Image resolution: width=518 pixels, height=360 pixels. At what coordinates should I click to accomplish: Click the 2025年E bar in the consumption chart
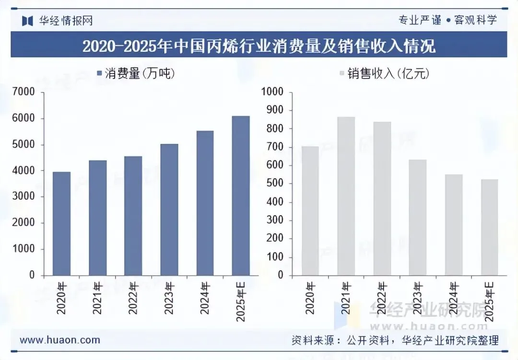(x=241, y=196)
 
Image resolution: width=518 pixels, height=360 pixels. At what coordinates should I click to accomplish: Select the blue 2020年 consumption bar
(x=62, y=223)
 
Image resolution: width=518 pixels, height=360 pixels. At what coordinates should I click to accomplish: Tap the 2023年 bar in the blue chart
(x=169, y=210)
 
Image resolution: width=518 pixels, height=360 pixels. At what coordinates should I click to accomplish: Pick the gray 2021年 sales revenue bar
(x=346, y=196)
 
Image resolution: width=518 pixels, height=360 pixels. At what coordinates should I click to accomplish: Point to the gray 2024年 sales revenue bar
(x=454, y=225)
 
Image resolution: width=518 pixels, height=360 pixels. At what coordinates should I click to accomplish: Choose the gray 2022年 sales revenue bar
(x=382, y=198)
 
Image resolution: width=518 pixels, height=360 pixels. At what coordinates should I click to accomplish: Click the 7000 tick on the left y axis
(x=24, y=92)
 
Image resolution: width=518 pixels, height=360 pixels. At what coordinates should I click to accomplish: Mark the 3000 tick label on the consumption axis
(x=24, y=196)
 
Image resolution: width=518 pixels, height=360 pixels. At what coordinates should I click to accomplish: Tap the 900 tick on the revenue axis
(x=275, y=110)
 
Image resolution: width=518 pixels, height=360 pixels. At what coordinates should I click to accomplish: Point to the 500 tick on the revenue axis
(x=275, y=183)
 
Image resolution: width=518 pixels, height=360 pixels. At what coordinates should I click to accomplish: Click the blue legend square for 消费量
(x=99, y=73)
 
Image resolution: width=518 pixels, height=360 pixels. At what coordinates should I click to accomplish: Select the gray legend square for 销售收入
(x=342, y=73)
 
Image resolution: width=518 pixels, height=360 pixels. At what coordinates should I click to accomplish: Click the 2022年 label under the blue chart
(x=133, y=298)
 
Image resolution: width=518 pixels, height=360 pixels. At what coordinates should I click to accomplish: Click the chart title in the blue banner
(x=259, y=46)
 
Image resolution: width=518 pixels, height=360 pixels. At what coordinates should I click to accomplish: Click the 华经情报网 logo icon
(x=27, y=21)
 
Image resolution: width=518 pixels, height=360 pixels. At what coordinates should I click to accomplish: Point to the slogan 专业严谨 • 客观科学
(x=447, y=20)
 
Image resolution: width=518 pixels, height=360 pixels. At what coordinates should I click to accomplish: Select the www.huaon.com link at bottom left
(x=60, y=340)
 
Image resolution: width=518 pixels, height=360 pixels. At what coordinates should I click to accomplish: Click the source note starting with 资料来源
(x=395, y=340)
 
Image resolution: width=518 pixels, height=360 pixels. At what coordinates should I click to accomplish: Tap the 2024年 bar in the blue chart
(x=205, y=203)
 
